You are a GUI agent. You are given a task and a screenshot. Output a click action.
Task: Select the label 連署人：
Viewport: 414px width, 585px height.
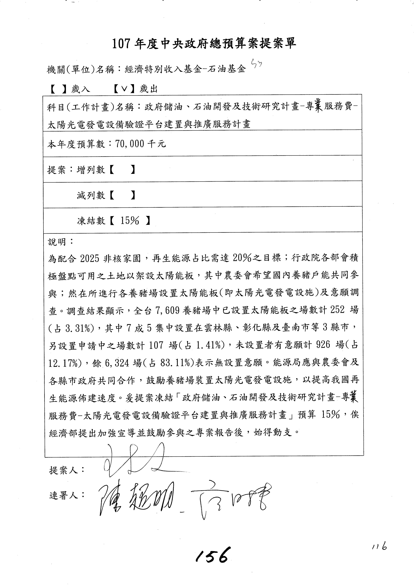pyautogui.click(x=67, y=495)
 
